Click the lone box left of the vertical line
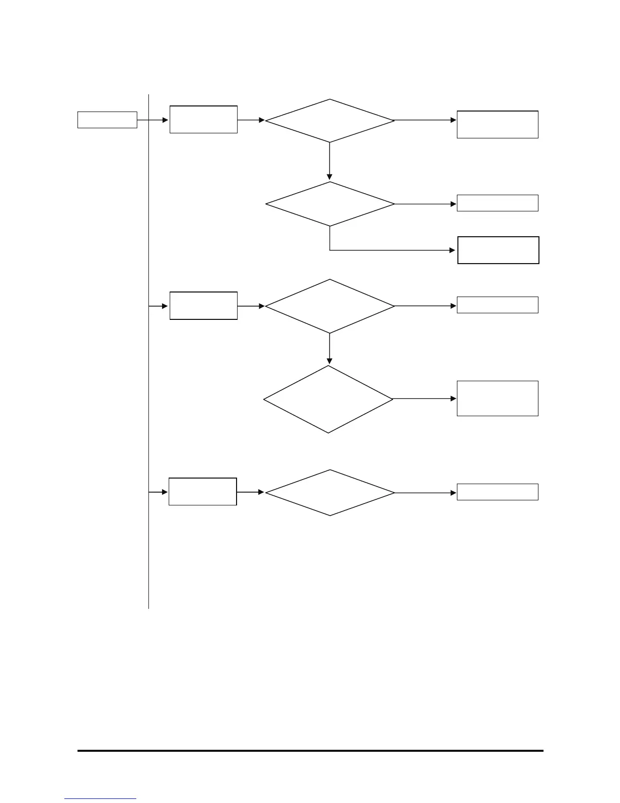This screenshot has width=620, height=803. tap(107, 120)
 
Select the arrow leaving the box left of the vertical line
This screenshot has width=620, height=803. tap(152, 120)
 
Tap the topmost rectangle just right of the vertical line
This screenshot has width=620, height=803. tap(203, 120)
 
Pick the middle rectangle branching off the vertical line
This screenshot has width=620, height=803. tap(203, 306)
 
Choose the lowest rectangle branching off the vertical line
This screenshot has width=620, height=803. tap(203, 492)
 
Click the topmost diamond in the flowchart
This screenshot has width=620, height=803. tap(330, 121)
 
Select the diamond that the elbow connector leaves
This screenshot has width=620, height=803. tap(330, 204)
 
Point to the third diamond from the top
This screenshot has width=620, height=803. tap(330, 306)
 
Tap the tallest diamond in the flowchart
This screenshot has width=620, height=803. tap(328, 399)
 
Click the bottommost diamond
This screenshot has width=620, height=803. tap(330, 493)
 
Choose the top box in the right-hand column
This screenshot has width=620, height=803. tap(497, 124)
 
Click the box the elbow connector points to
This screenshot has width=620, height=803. tap(498, 250)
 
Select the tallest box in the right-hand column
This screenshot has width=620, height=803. tap(497, 398)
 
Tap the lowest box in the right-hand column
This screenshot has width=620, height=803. tap(497, 492)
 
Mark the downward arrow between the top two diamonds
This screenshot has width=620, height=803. tap(330, 161)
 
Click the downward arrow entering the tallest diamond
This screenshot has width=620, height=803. tap(330, 349)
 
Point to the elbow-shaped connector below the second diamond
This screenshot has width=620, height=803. tap(390, 250)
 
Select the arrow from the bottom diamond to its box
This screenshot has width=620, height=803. tap(425, 493)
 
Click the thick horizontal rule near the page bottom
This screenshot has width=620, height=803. tap(310, 751)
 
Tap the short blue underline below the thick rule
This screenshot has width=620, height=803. tap(100, 799)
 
